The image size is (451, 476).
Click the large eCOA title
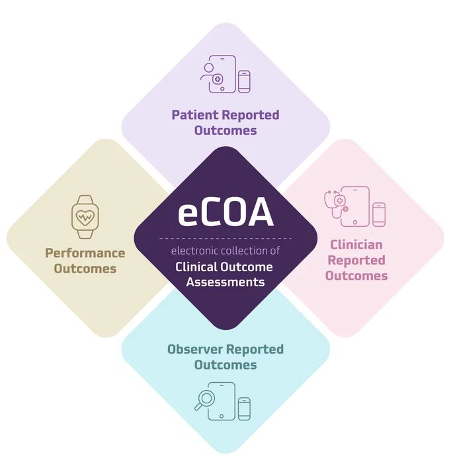point(225,213)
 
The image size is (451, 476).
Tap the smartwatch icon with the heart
point(85,216)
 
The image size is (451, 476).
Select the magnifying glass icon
point(205,399)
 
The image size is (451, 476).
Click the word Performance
point(85,253)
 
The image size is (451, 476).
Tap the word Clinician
point(356,245)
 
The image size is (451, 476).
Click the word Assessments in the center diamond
point(225,282)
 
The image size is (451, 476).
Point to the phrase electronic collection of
point(225,251)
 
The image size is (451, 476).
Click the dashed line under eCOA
point(225,237)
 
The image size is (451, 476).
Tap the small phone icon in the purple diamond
point(245,81)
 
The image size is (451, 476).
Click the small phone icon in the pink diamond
point(379,214)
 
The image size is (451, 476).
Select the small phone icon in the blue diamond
point(245,408)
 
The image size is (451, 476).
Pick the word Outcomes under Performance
point(85,269)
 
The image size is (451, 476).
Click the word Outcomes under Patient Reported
point(225,130)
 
